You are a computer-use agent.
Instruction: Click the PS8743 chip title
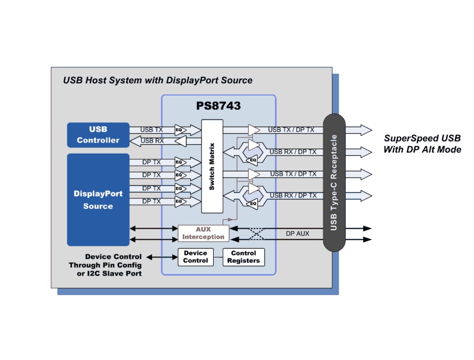(219, 106)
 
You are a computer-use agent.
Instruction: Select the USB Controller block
(98, 135)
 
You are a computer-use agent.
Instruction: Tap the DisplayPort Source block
(98, 199)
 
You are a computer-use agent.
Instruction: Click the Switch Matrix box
(212, 166)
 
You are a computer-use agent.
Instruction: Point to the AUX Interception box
(203, 233)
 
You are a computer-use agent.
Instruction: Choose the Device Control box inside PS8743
(195, 257)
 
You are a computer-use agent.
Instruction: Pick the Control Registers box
(244, 257)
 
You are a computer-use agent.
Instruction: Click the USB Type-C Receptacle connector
(334, 182)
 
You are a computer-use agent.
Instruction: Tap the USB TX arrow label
(152, 129)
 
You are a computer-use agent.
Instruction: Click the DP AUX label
(298, 234)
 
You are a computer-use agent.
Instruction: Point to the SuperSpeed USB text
(422, 139)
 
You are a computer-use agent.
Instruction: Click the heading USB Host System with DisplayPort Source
(158, 80)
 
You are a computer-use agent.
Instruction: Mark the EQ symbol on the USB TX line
(179, 130)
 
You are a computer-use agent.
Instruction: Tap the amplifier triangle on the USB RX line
(181, 141)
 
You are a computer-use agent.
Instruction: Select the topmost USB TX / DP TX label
(291, 129)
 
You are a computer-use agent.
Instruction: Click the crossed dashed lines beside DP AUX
(256, 234)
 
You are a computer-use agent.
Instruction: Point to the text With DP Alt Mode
(422, 150)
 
